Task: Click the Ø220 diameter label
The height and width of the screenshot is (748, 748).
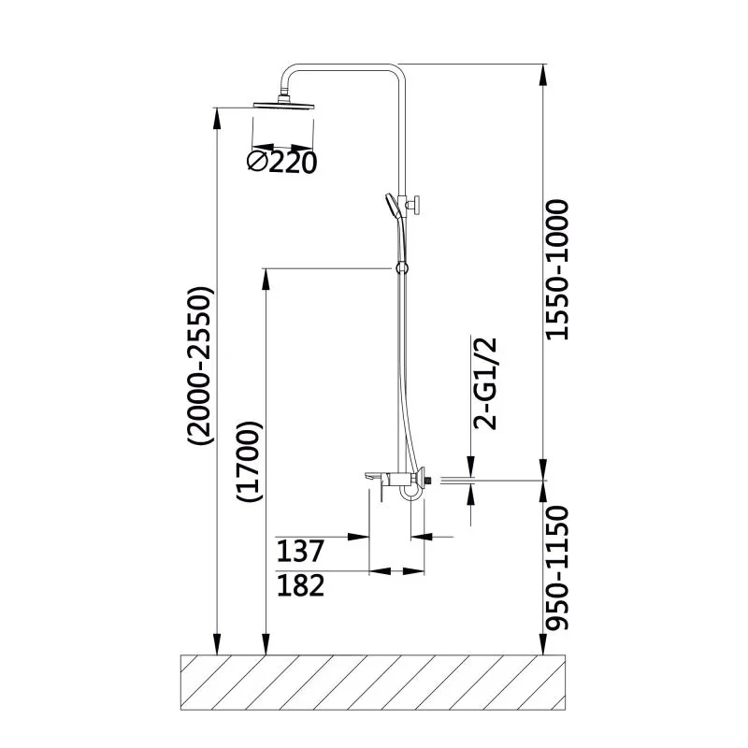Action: [281, 162]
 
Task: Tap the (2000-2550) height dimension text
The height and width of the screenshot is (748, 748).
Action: [199, 366]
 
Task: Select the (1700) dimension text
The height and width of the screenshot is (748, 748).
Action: [250, 461]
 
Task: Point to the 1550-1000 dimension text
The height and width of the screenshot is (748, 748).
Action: [556, 270]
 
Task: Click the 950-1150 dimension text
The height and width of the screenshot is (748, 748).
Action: [556, 568]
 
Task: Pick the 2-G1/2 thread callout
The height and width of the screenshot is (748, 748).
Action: [485, 383]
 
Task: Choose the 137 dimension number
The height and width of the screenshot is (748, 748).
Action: [300, 551]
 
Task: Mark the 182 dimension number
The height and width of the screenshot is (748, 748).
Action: [300, 585]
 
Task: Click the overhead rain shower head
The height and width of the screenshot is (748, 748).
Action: [284, 104]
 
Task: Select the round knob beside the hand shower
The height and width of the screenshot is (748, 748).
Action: [415, 205]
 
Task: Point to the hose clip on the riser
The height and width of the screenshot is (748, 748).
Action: [401, 268]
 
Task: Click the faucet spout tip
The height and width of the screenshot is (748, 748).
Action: [367, 477]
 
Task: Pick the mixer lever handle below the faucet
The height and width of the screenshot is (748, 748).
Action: [384, 492]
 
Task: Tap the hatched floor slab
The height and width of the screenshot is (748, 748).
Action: [373, 683]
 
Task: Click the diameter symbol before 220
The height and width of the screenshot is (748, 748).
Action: [256, 162]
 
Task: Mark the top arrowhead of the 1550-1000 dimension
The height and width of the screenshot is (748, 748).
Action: [543, 75]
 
